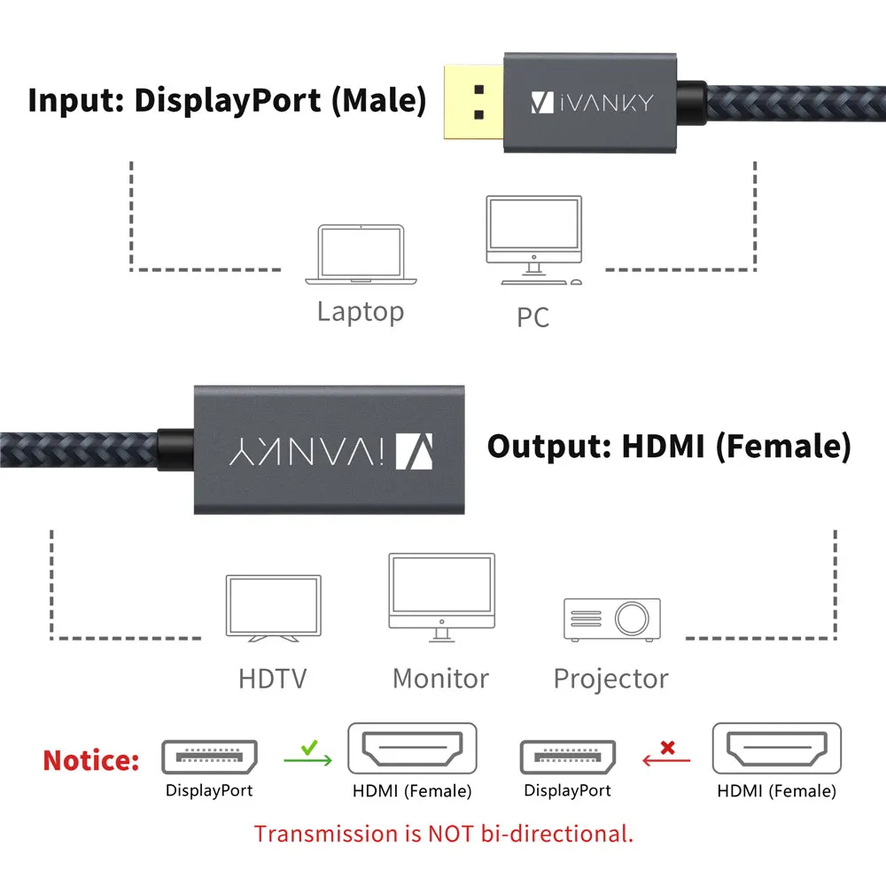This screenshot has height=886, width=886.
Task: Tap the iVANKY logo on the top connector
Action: click(591, 103)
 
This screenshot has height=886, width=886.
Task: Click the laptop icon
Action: click(361, 255)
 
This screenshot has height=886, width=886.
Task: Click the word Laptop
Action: click(360, 312)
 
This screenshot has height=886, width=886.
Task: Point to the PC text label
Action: click(533, 316)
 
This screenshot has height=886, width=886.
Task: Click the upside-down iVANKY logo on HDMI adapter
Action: click(328, 449)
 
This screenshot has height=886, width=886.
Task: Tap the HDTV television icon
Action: click(273, 610)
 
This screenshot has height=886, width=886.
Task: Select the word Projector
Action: click(610, 680)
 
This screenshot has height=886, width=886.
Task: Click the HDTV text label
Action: click(272, 680)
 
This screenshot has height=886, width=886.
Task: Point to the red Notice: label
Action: click(91, 760)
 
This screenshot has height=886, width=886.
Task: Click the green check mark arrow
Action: click(307, 755)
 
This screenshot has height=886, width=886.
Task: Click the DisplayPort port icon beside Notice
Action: click(209, 757)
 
